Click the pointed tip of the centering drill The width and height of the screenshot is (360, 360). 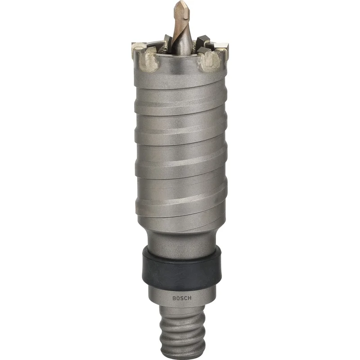(180, 1)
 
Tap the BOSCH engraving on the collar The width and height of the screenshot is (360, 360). (182, 298)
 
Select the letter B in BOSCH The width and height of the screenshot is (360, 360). (174, 298)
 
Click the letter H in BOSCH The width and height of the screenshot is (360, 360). (189, 298)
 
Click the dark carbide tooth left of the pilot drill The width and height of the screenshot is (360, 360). (168, 41)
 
